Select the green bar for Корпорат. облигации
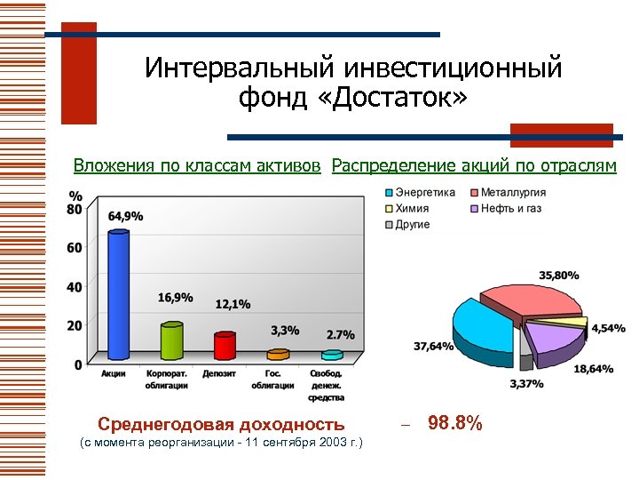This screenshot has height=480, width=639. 171,341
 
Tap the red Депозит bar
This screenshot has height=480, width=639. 225,346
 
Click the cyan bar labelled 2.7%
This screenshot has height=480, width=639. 331,356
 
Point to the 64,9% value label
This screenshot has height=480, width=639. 126,216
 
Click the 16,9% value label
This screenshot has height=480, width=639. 176,297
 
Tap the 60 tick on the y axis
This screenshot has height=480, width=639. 75,247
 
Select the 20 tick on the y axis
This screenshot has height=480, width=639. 75,325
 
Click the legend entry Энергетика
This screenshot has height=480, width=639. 424,193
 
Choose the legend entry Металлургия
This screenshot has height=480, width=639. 512,193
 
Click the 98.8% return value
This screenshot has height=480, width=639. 454,423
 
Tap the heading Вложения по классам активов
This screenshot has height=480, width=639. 197,165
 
